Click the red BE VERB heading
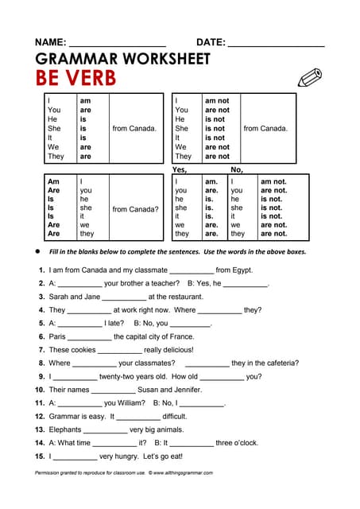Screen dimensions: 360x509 (75, 78)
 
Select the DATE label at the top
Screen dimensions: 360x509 (211, 42)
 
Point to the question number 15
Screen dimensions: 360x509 (39, 457)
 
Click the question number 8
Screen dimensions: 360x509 (41, 363)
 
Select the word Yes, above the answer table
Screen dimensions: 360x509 (180, 169)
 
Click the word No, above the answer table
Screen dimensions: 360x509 (237, 169)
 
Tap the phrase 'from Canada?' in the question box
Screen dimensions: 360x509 (135, 209)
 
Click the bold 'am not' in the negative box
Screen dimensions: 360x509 (217, 101)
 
